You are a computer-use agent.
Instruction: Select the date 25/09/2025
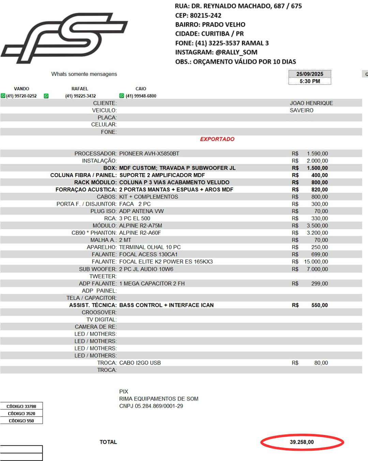pos(309,74)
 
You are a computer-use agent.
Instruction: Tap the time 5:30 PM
pos(309,81)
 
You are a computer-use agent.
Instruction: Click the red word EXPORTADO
pos(217,139)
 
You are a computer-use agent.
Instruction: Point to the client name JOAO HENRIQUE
pos(311,103)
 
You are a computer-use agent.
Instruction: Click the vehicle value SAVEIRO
pos(302,110)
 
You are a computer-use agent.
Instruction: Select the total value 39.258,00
pos(302,442)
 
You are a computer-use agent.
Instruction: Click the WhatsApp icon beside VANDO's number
pos(3,96)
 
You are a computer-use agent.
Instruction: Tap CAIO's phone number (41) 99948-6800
pos(141,96)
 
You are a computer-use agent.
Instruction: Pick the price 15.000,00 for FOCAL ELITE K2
pos(316,262)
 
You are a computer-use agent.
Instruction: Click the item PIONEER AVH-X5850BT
pos(149,154)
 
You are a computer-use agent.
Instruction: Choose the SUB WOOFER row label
pos(98,269)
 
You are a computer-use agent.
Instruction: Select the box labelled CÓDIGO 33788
pos(21,406)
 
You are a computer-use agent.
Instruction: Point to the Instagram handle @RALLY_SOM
pos(236,52)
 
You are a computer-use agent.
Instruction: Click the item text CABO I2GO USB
pos(140,363)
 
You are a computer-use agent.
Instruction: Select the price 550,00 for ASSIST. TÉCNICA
pos(319,305)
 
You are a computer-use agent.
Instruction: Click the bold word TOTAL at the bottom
pos(108,442)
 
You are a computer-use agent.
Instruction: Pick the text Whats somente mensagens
pos(84,74)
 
